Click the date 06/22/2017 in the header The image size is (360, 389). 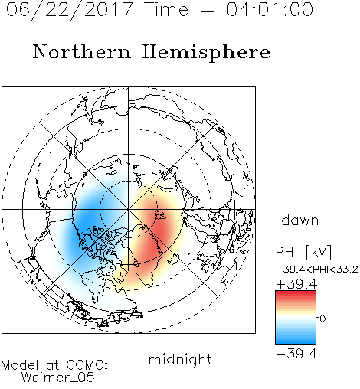pyautogui.click(x=69, y=10)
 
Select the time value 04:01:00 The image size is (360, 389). pyautogui.click(x=270, y=9)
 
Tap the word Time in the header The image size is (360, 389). pyautogui.click(x=166, y=9)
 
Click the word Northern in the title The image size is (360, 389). pyautogui.click(x=82, y=51)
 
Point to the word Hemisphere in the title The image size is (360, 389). pyautogui.click(x=206, y=53)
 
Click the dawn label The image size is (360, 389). pyautogui.click(x=300, y=220)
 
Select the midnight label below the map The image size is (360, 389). pyautogui.click(x=180, y=359)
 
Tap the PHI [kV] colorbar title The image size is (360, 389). pyautogui.click(x=303, y=252)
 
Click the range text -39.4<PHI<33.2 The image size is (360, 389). pyautogui.click(x=317, y=270)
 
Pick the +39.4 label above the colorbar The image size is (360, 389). pyautogui.click(x=296, y=284)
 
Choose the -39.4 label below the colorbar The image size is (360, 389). pyautogui.click(x=296, y=354)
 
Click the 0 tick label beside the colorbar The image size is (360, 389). pyautogui.click(x=322, y=319)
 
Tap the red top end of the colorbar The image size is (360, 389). pyautogui.click(x=296, y=293)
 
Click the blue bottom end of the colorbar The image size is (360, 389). pyautogui.click(x=296, y=342)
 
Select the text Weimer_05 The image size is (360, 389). pyautogui.click(x=58, y=378)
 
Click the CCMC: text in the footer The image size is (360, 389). pyautogui.click(x=87, y=365)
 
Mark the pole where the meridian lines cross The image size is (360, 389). pyautogui.click(x=129, y=210)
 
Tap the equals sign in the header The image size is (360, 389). pyautogui.click(x=208, y=10)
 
